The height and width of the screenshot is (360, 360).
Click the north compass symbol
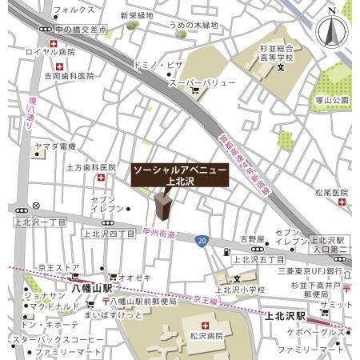[x=332, y=30]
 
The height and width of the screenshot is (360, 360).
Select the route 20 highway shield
[x=202, y=239]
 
